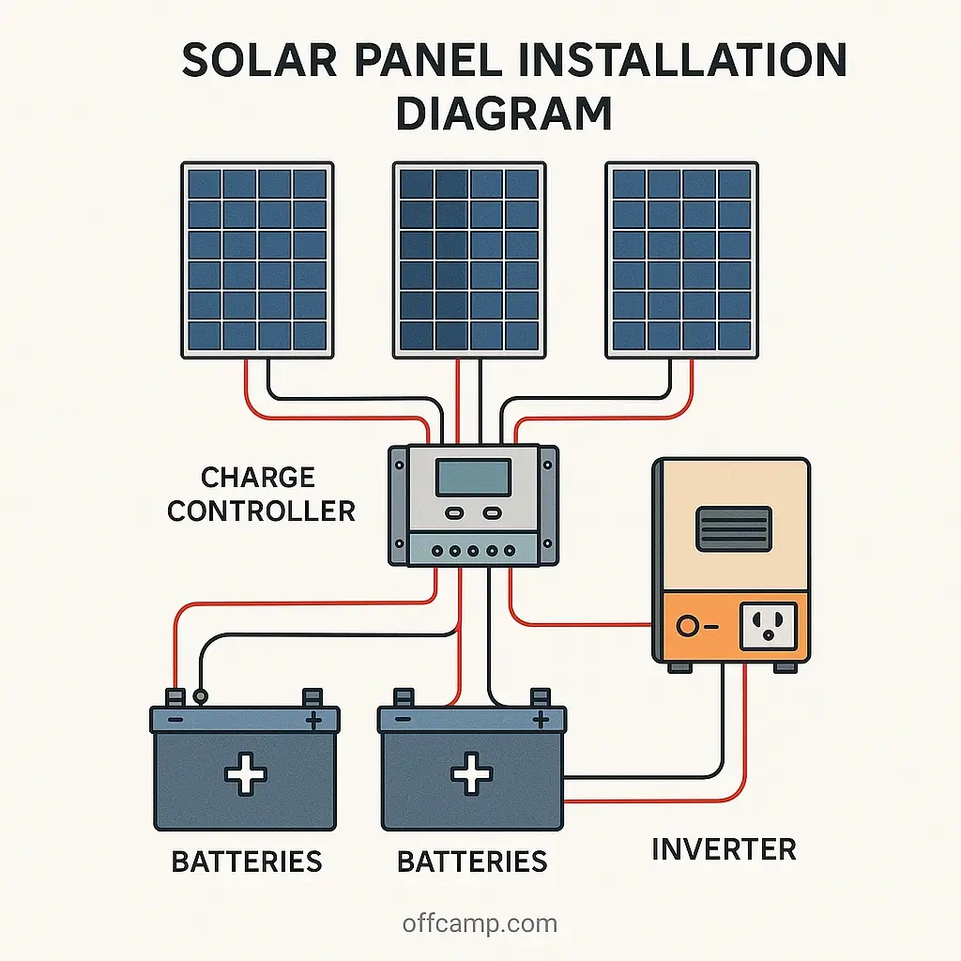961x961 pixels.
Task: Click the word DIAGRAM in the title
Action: pyautogui.click(x=503, y=113)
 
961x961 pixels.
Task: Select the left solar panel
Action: pyautogui.click(x=257, y=260)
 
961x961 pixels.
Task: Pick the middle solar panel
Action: pyautogui.click(x=469, y=260)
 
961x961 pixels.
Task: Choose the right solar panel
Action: pyautogui.click(x=681, y=260)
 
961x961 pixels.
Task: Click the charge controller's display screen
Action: pyautogui.click(x=474, y=476)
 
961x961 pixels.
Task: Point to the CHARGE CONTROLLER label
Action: pyautogui.click(x=260, y=494)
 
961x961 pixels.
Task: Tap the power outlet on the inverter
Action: pyautogui.click(x=768, y=626)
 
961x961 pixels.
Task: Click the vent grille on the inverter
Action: pyautogui.click(x=733, y=528)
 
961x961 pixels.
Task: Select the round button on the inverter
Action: pyautogui.click(x=689, y=626)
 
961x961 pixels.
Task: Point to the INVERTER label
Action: pyautogui.click(x=724, y=849)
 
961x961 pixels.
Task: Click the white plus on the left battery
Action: pyautogui.click(x=245, y=775)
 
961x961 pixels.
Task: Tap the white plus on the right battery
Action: pyautogui.click(x=472, y=775)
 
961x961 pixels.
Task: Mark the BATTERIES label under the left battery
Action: pyautogui.click(x=247, y=862)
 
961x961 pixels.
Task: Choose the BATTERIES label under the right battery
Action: pyautogui.click(x=472, y=862)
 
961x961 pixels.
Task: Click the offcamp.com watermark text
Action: pyautogui.click(x=480, y=923)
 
